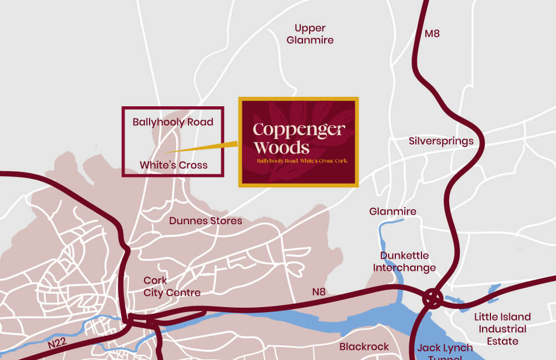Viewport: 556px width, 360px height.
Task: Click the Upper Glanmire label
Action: click(x=310, y=34)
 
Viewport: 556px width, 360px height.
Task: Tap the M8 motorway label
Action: click(x=432, y=33)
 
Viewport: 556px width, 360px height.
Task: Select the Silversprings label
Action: click(x=441, y=141)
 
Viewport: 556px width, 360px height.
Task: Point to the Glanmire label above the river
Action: click(x=393, y=211)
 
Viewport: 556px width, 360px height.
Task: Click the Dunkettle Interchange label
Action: click(x=404, y=262)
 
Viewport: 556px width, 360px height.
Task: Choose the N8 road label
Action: click(x=319, y=292)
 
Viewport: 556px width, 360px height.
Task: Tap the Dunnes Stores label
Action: click(x=206, y=221)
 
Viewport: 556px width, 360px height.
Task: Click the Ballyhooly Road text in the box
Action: click(x=173, y=122)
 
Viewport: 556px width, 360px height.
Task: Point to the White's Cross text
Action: click(x=173, y=165)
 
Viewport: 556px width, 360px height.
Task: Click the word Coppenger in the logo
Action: click(x=299, y=130)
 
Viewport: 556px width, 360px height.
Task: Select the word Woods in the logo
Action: click(x=281, y=147)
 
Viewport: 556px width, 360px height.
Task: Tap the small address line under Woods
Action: click(x=302, y=161)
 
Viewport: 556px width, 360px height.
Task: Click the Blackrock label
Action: click(x=364, y=347)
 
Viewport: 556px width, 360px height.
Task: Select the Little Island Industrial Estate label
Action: click(x=502, y=329)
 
